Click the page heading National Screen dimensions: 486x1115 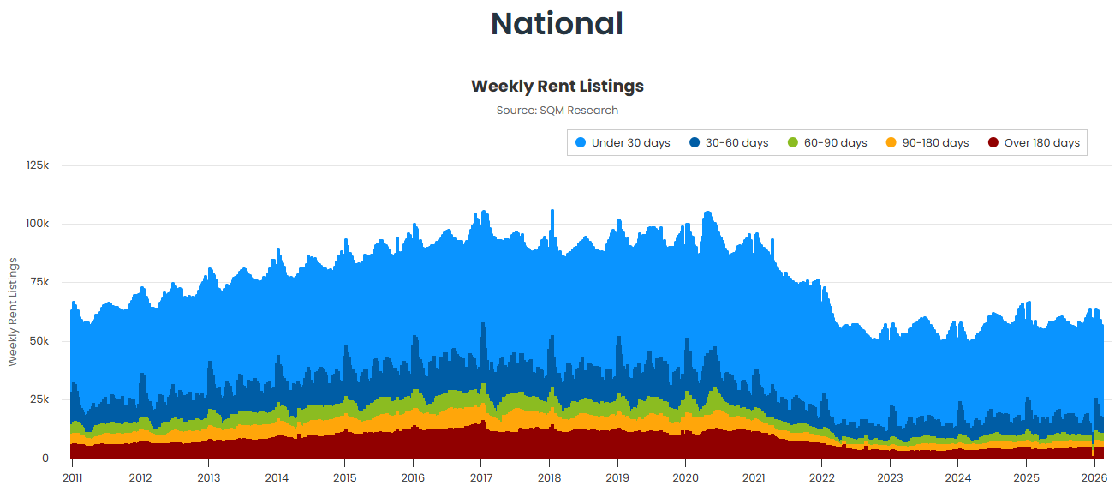[557, 23]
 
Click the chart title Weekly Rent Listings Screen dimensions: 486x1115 [557, 87]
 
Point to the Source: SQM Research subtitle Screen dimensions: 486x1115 [557, 111]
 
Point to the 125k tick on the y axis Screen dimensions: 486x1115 [37, 165]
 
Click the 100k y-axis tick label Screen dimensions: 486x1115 [37, 224]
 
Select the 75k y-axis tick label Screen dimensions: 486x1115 [39, 283]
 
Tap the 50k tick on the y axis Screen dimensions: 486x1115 [39, 341]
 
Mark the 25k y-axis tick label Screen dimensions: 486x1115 [39, 400]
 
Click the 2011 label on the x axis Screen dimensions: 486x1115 [72, 477]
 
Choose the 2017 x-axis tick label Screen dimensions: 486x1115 [481, 477]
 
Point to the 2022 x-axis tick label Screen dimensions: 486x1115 [822, 477]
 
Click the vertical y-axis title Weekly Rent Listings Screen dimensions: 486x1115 [13, 311]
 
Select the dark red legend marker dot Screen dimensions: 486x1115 [993, 143]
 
